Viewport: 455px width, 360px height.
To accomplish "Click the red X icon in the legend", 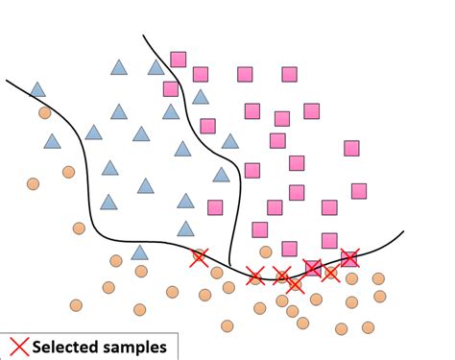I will [x=17, y=347].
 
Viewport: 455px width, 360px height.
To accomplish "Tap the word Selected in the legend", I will [x=68, y=348].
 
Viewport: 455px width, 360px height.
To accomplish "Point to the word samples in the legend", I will [x=136, y=348].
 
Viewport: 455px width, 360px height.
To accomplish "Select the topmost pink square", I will [x=179, y=60].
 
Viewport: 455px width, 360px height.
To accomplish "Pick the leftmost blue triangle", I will [x=37, y=89].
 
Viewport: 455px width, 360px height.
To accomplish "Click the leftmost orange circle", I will [x=34, y=183].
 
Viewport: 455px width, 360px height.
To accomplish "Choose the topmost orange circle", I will [x=45, y=113].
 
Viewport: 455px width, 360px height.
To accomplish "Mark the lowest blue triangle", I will [x=139, y=252].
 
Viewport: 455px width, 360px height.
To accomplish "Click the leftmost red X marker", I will [x=199, y=257].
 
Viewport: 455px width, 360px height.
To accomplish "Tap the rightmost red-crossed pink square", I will [x=349, y=257].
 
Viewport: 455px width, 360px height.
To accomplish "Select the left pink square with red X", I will [x=313, y=268].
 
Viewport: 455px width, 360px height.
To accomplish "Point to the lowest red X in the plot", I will [x=295, y=284].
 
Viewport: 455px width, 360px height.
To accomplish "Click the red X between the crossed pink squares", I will [x=330, y=274].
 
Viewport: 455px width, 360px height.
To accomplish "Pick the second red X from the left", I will [x=255, y=276].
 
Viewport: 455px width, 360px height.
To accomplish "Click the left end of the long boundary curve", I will [x=7, y=80].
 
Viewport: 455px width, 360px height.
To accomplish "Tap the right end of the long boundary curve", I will [x=403, y=231].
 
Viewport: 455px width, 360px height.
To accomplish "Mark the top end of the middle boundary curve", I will [x=143, y=36].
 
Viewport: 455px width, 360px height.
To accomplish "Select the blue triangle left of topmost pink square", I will [x=156, y=67].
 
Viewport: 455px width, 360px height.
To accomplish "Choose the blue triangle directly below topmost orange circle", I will [x=52, y=141].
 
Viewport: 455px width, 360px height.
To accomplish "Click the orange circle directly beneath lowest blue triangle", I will [x=141, y=272].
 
